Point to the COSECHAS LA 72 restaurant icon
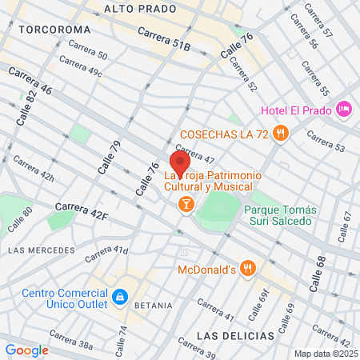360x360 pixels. [279, 134]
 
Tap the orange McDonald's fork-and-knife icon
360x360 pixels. [249, 269]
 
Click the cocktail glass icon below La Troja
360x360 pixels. [186, 205]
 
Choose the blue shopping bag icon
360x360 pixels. [119, 298]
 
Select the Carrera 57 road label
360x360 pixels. [318, 22]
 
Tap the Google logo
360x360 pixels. [26, 350]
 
